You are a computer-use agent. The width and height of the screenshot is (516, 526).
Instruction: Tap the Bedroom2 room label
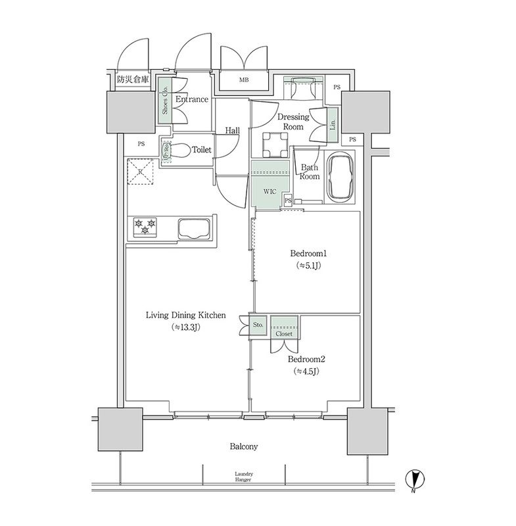(306, 360)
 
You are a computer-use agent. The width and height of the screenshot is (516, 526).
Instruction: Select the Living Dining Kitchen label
(185, 316)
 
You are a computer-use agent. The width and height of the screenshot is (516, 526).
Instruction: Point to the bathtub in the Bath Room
(340, 178)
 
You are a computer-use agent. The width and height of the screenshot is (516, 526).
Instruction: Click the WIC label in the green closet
(270, 192)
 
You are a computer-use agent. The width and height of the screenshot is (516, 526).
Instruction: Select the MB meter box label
(244, 80)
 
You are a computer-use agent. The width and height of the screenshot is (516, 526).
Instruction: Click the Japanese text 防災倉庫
(133, 80)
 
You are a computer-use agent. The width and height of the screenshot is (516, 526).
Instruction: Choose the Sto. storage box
(258, 324)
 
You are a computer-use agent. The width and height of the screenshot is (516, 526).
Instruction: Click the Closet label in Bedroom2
(284, 333)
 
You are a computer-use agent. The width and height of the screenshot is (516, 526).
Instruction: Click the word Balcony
(243, 446)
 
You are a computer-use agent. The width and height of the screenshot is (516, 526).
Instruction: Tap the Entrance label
(192, 100)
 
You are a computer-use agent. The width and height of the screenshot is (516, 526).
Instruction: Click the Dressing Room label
(293, 122)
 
